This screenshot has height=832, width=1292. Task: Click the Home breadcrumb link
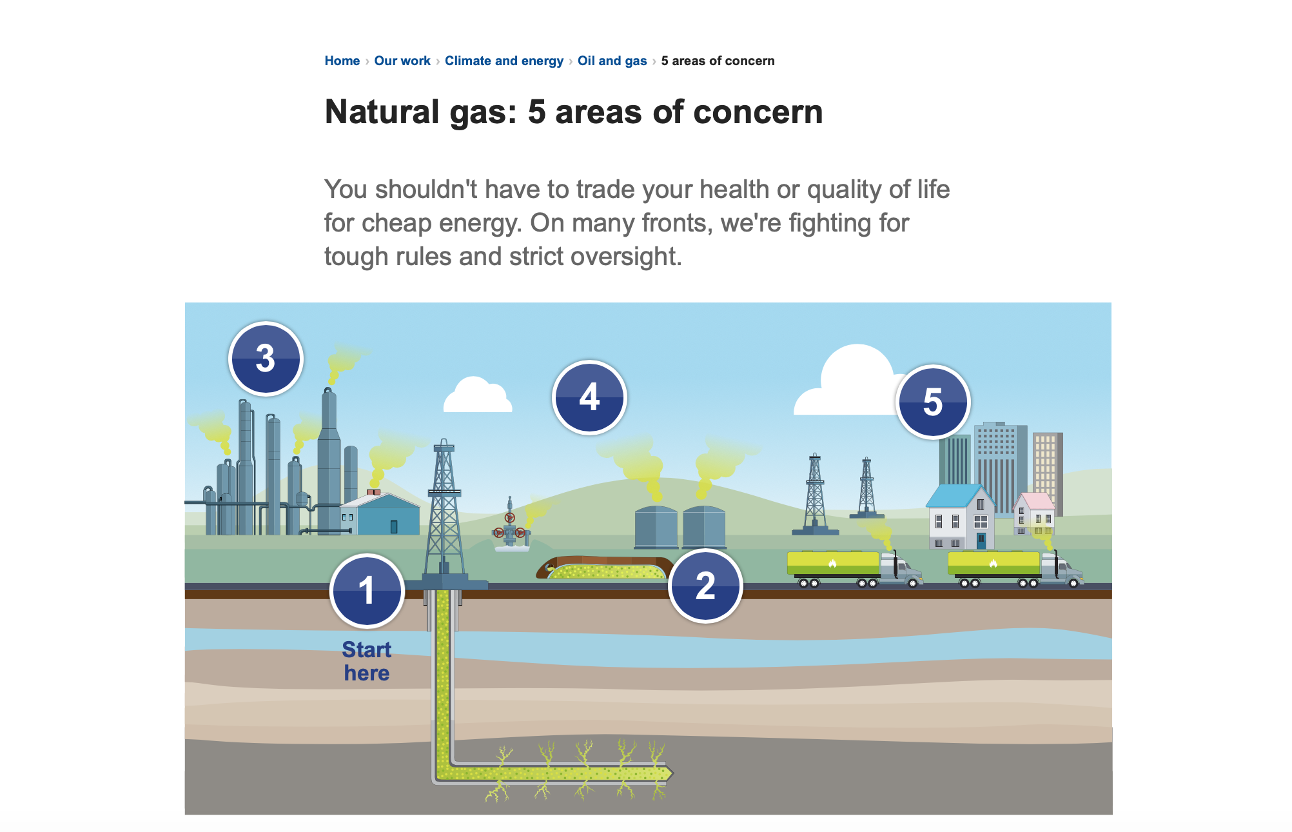[x=342, y=61]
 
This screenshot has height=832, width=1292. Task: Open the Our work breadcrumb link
[x=402, y=61]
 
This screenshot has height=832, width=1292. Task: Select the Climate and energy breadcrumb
[x=504, y=61]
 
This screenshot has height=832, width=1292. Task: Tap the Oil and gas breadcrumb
[x=612, y=61]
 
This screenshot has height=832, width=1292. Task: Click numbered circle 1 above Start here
[x=367, y=591]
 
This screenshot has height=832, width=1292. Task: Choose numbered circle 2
[x=705, y=586]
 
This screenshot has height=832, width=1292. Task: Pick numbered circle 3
[x=266, y=358]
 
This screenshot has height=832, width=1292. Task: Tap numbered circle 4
[x=589, y=397]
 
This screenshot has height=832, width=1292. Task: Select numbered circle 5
[x=933, y=402]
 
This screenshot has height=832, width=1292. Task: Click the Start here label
[x=366, y=661]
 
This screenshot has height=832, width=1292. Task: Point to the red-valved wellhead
[x=511, y=526]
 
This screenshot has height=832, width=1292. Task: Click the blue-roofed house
[x=961, y=517]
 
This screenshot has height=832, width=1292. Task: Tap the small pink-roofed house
[x=1034, y=515]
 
